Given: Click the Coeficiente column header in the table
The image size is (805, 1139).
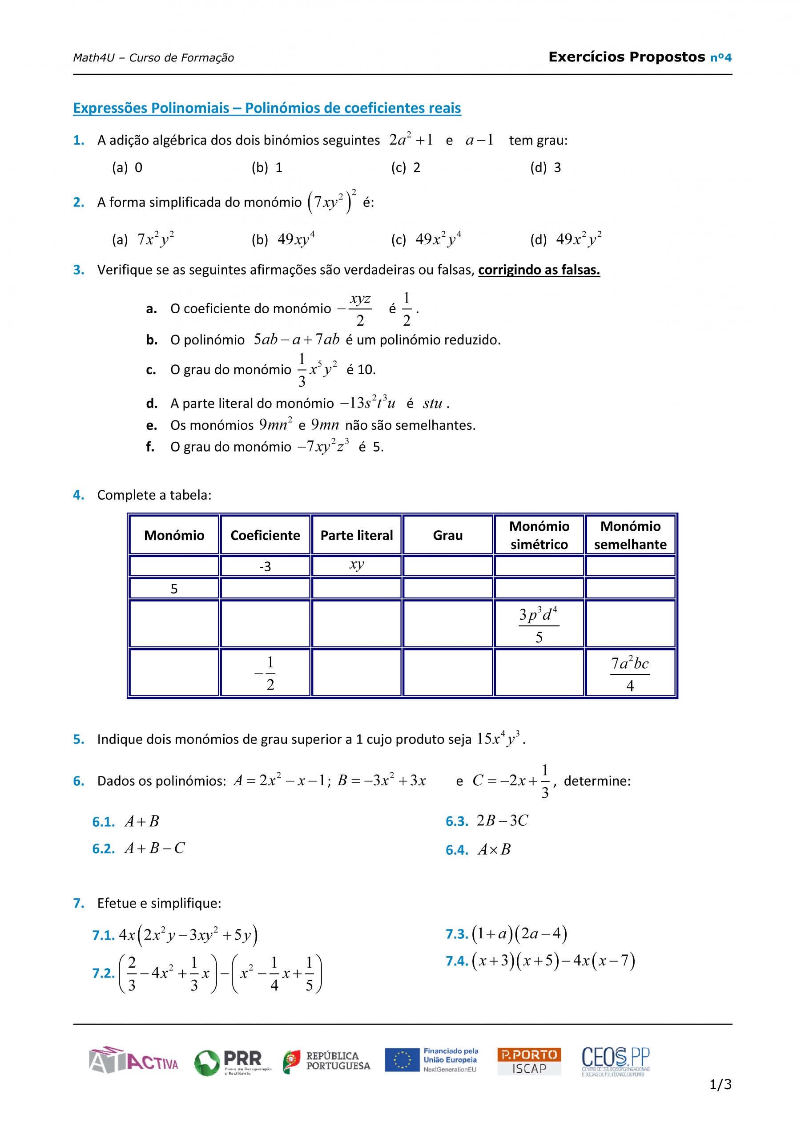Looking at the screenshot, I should (265, 535).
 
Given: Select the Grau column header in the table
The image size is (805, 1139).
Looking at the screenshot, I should (447, 535).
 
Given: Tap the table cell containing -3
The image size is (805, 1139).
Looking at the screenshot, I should (265, 566).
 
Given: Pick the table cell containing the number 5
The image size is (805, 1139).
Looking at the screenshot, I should (174, 589).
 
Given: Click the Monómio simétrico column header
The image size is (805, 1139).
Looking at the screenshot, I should (539, 535).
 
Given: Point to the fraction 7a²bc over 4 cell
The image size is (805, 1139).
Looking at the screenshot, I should (630, 673).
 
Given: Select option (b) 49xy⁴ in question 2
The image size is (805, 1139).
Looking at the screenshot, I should (283, 240).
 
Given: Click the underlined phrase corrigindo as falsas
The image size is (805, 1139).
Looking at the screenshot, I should (539, 270).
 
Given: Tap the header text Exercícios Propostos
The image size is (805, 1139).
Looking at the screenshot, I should (627, 57).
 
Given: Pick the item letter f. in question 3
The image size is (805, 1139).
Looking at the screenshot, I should (150, 447).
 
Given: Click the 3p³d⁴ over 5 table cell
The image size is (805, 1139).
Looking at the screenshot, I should (539, 624).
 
